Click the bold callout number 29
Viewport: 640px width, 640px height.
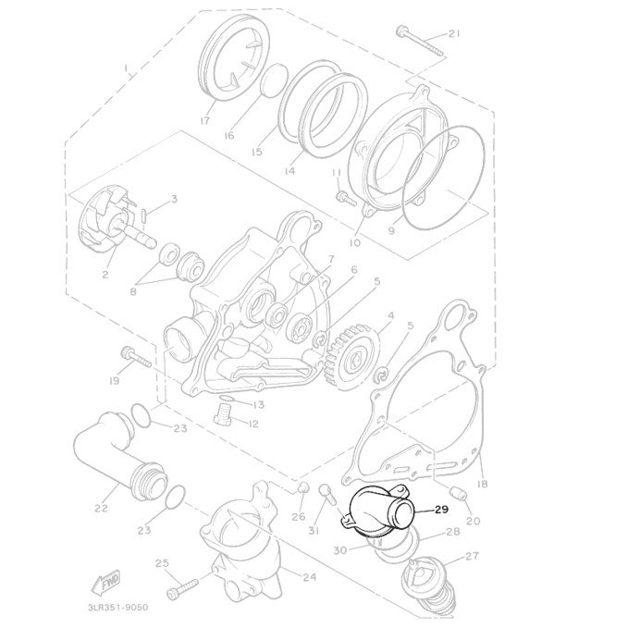441,510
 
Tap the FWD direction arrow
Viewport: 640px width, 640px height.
105,582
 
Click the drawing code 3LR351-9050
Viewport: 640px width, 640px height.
118,608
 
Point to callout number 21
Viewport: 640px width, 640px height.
454,33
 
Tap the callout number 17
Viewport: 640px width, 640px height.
205,120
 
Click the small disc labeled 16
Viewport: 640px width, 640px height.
274,80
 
